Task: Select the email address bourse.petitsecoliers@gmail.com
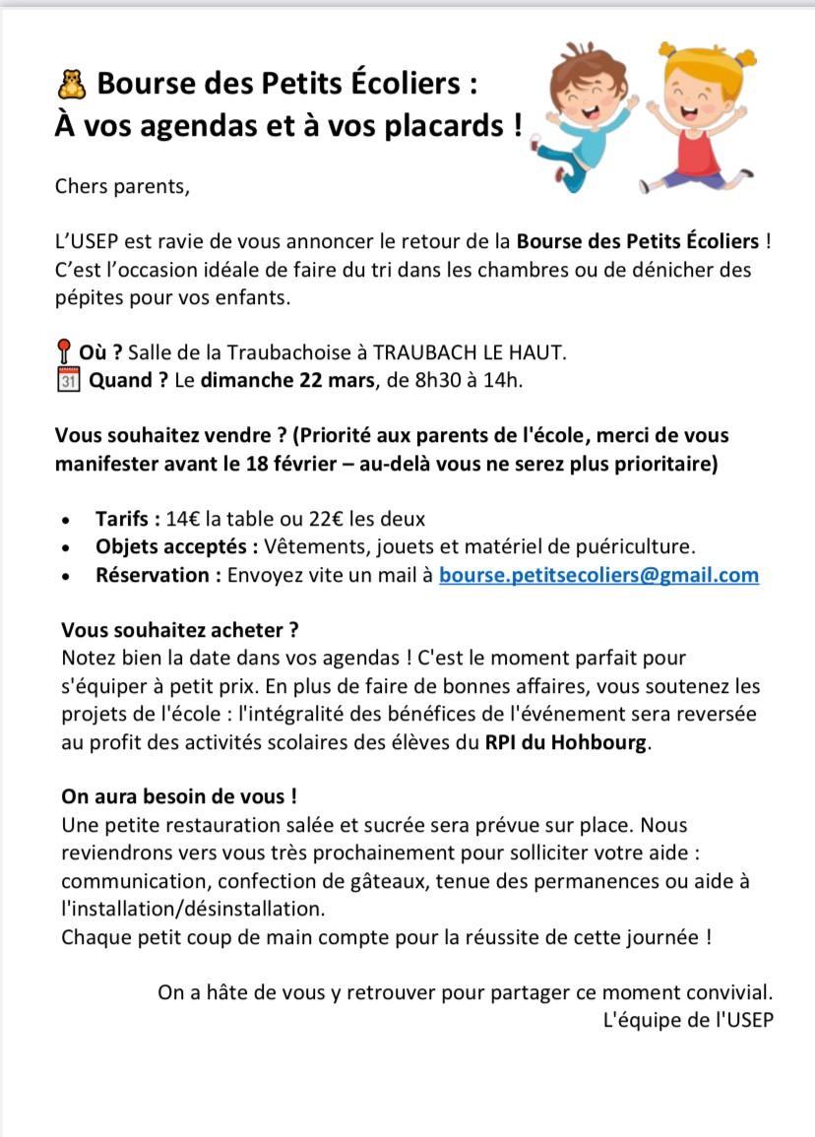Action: [x=598, y=575]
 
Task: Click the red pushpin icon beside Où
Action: [x=64, y=352]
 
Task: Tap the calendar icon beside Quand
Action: [x=66, y=380]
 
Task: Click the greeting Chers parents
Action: [x=120, y=185]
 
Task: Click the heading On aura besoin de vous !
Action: [x=179, y=796]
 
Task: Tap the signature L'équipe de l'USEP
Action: [x=688, y=1020]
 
